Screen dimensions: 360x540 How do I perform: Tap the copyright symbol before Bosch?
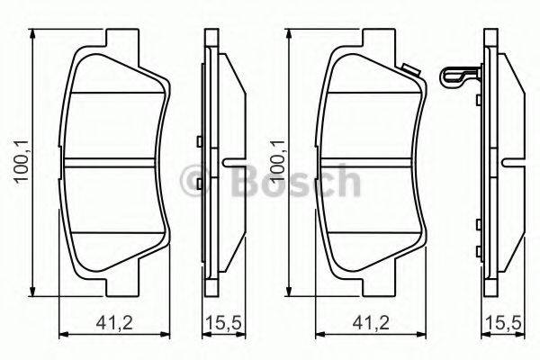point(193,179)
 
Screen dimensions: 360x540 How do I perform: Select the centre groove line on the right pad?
point(374,164)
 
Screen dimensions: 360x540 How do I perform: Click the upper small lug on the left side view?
point(198,140)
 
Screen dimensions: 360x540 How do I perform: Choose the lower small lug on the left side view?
point(198,188)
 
